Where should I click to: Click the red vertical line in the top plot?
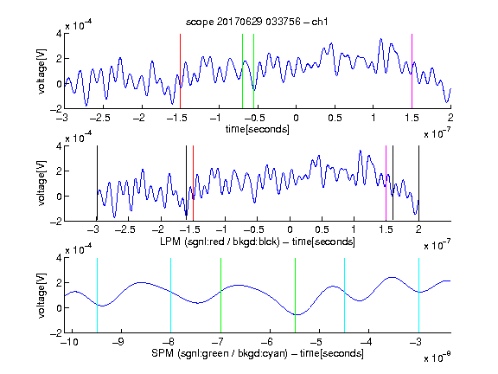tap(180, 71)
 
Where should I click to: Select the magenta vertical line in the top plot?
tap(412, 71)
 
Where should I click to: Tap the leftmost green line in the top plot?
tap(242, 71)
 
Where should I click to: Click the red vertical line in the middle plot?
tap(193, 184)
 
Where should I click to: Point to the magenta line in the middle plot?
tap(386, 184)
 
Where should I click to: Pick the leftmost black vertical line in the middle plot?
tap(97, 184)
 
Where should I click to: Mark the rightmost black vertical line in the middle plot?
tap(418, 184)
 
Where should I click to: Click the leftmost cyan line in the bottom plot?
tap(97, 295)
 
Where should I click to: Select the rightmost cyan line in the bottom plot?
tap(418, 295)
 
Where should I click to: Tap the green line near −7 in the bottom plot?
tap(220, 295)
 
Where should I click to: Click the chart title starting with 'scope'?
tap(257, 22)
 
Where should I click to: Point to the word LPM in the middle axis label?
tap(170, 242)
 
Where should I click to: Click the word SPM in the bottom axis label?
tap(163, 353)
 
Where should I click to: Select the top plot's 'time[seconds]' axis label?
tap(258, 129)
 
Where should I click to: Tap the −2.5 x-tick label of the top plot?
tap(99, 118)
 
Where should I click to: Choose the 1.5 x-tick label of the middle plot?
tap(386, 229)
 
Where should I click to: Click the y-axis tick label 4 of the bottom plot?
tap(59, 258)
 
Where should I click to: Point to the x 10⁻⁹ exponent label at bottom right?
tap(437, 358)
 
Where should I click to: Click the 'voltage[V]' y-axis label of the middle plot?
tap(41, 184)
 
